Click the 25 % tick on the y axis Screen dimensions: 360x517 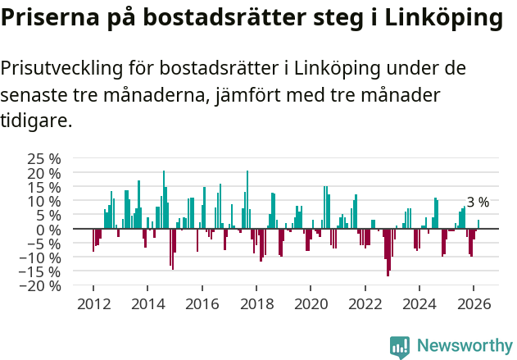(x=44, y=158)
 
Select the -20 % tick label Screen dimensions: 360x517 (x=41, y=286)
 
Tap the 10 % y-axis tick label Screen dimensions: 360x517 (x=44, y=201)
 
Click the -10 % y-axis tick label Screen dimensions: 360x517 (x=41, y=257)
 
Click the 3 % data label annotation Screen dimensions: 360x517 (x=478, y=202)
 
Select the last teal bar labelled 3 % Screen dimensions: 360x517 (x=478, y=224)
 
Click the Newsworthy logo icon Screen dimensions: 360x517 (x=400, y=347)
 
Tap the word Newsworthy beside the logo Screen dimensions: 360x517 (x=465, y=347)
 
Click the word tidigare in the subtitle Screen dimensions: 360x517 (x=36, y=121)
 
